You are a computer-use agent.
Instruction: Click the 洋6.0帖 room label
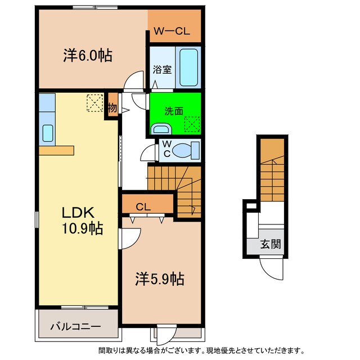[87, 55]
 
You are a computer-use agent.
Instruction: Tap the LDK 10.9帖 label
[82, 220]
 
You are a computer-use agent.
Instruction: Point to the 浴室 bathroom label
[163, 70]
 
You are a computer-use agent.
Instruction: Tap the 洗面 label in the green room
[173, 111]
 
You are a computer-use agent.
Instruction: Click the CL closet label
[143, 206]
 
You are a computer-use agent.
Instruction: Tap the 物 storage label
[112, 107]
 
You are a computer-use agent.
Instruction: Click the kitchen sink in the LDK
[48, 133]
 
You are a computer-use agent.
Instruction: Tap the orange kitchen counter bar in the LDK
[56, 150]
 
